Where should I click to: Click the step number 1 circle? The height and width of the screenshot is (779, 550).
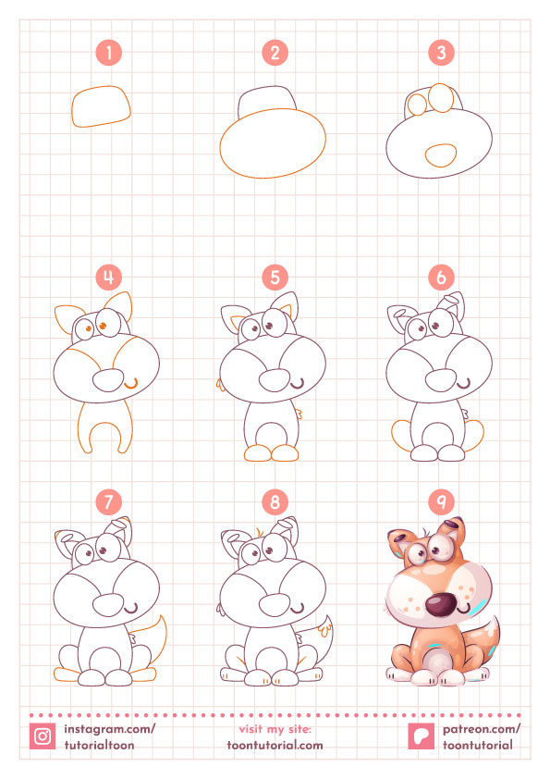point(109,53)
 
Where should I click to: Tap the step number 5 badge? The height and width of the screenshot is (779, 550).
point(275,278)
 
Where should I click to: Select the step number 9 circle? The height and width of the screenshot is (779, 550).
point(441,502)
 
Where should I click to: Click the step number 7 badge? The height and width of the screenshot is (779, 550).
point(109,502)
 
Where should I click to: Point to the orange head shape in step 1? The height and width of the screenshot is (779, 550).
point(102,106)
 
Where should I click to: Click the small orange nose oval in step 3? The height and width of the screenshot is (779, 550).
point(441,155)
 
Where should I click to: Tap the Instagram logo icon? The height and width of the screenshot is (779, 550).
point(43,736)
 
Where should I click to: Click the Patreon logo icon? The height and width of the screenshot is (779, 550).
point(422,736)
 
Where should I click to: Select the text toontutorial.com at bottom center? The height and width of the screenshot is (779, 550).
point(275,745)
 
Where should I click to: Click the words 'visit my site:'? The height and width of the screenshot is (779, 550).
point(275,729)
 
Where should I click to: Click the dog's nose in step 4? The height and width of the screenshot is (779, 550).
point(108,380)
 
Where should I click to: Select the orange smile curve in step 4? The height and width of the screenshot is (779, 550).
point(131,385)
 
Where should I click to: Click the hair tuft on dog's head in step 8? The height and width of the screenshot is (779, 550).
point(258,530)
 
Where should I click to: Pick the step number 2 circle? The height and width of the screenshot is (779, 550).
point(275,53)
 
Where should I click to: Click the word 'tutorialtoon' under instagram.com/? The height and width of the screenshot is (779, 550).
point(99,745)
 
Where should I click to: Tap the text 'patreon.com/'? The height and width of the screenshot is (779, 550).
point(482,729)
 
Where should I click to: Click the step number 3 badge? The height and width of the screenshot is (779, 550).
point(441,53)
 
